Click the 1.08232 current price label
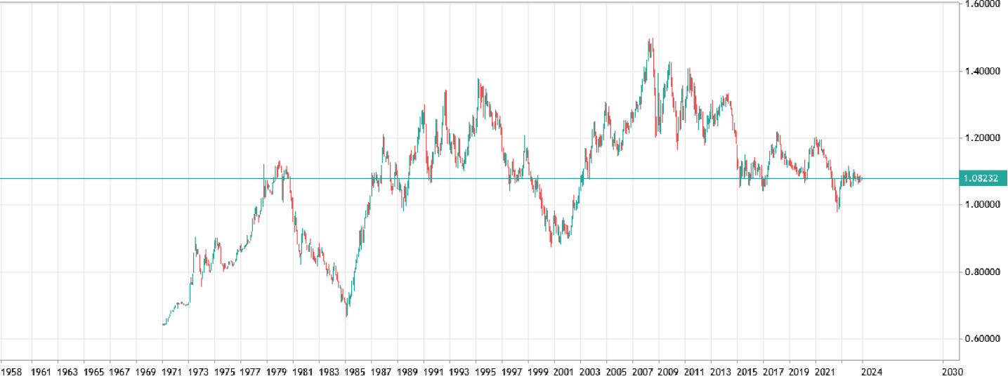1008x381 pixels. pos(983,178)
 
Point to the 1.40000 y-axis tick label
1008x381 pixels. pos(982,72)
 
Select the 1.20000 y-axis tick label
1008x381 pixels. pos(982,138)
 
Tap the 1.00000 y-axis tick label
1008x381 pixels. pos(982,205)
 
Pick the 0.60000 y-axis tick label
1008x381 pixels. pos(982,339)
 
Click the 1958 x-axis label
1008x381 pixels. pos(11,371)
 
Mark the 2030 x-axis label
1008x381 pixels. pos(950,371)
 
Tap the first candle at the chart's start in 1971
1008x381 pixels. pos(163,324)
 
